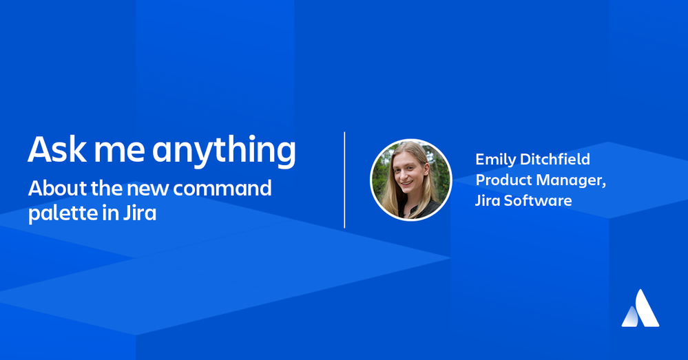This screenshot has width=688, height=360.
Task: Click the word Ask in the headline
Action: click(57, 149)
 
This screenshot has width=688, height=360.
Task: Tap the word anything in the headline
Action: click(225, 151)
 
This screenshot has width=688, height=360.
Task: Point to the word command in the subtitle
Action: click(222, 189)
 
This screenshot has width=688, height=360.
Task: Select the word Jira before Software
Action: click(488, 200)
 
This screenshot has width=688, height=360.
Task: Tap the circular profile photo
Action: click(411, 180)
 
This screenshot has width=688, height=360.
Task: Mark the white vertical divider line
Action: click(344, 180)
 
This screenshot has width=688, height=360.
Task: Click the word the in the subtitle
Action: click(107, 189)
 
